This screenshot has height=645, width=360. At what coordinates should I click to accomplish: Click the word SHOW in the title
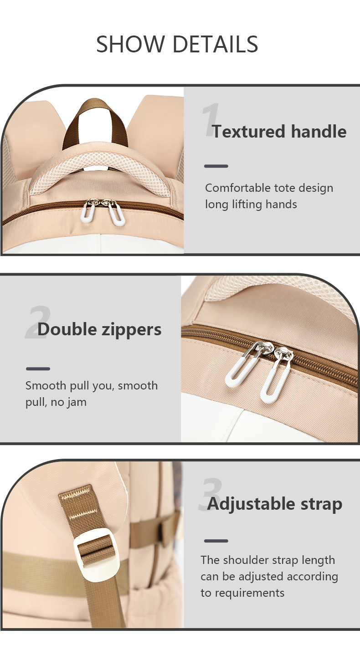pyautogui.click(x=129, y=44)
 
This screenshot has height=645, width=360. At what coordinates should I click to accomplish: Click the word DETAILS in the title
pyautogui.click(x=215, y=44)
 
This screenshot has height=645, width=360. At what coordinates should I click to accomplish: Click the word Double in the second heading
pyautogui.click(x=67, y=329)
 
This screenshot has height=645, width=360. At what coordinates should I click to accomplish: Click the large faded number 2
pyautogui.click(x=38, y=322)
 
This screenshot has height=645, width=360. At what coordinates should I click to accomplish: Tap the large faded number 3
pyautogui.click(x=211, y=494)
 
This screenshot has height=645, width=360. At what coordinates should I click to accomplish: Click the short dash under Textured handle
pyautogui.click(x=216, y=166)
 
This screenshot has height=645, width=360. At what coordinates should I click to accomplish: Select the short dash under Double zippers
pyautogui.click(x=38, y=369)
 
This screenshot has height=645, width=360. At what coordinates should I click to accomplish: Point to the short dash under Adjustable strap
pyautogui.click(x=216, y=541)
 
